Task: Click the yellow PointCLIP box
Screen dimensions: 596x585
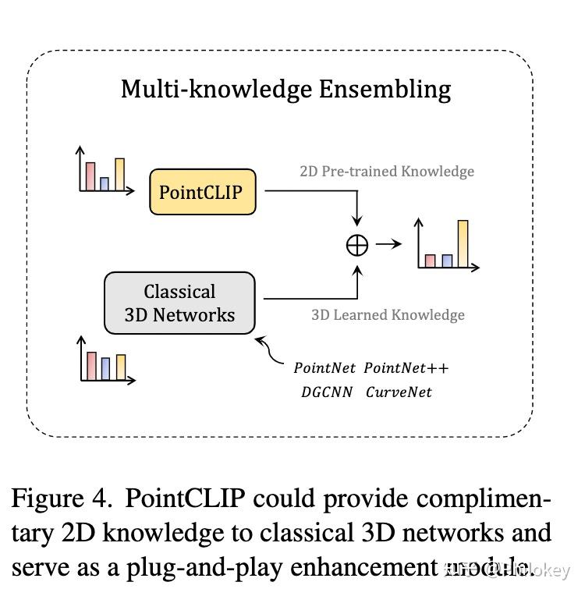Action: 203,192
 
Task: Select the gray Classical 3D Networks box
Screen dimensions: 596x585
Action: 179,303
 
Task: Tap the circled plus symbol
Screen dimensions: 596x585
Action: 356,245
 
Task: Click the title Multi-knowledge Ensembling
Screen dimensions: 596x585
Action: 285,89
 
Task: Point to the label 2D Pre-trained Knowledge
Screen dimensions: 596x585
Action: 387,172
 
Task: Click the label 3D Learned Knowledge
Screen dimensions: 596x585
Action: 388,315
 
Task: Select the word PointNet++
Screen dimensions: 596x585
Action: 406,367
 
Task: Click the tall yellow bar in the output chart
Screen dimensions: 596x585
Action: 463,243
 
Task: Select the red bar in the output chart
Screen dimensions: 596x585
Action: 430,261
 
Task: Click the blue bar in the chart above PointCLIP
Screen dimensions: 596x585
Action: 105,184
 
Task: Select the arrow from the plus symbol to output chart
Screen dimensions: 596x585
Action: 388,244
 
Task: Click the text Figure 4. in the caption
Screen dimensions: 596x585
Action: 62,498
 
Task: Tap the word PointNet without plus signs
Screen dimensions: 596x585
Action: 324,367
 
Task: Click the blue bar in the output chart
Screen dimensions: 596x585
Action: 447,261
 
